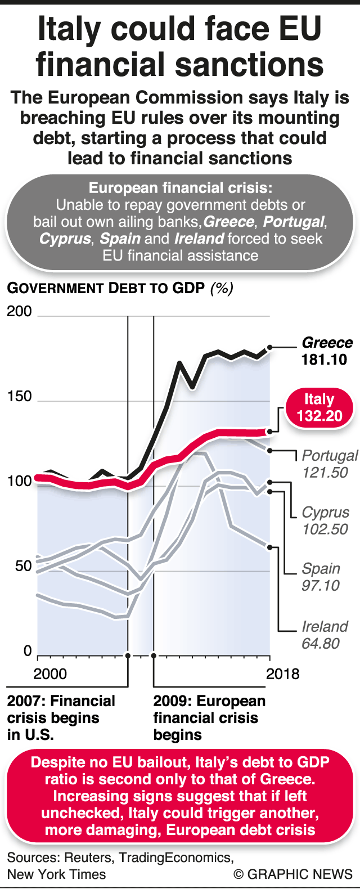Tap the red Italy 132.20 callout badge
(319, 408)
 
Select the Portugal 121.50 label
(330, 464)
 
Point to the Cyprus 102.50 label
(325, 520)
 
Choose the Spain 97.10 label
(321, 577)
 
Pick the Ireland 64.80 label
(325, 635)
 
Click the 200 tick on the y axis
(19, 312)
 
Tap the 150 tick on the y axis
(19, 397)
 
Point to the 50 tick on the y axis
(22, 566)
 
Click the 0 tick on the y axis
(27, 651)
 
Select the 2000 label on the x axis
(50, 674)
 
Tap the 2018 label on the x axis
(282, 674)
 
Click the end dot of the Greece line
(270, 348)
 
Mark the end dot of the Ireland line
(270, 547)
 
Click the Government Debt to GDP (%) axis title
(120, 288)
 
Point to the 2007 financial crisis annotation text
(61, 717)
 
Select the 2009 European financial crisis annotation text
(209, 717)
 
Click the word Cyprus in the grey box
(65, 239)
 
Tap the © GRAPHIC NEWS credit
(293, 874)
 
